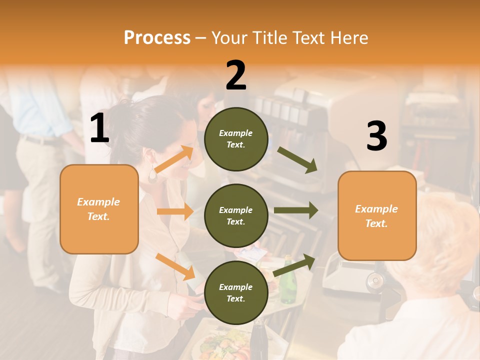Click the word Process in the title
[x=157, y=37]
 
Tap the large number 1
[x=99, y=128]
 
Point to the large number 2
[x=236, y=75]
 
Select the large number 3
[x=376, y=136]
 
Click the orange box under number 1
[x=99, y=209]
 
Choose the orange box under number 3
[x=377, y=215]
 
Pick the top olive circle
[x=236, y=139]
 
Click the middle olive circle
[x=236, y=215]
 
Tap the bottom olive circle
[x=236, y=292]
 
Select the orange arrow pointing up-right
[x=174, y=159]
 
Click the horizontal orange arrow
[x=175, y=211]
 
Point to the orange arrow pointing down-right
[x=175, y=266]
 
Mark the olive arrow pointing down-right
[x=297, y=160]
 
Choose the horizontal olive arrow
[x=296, y=210]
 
